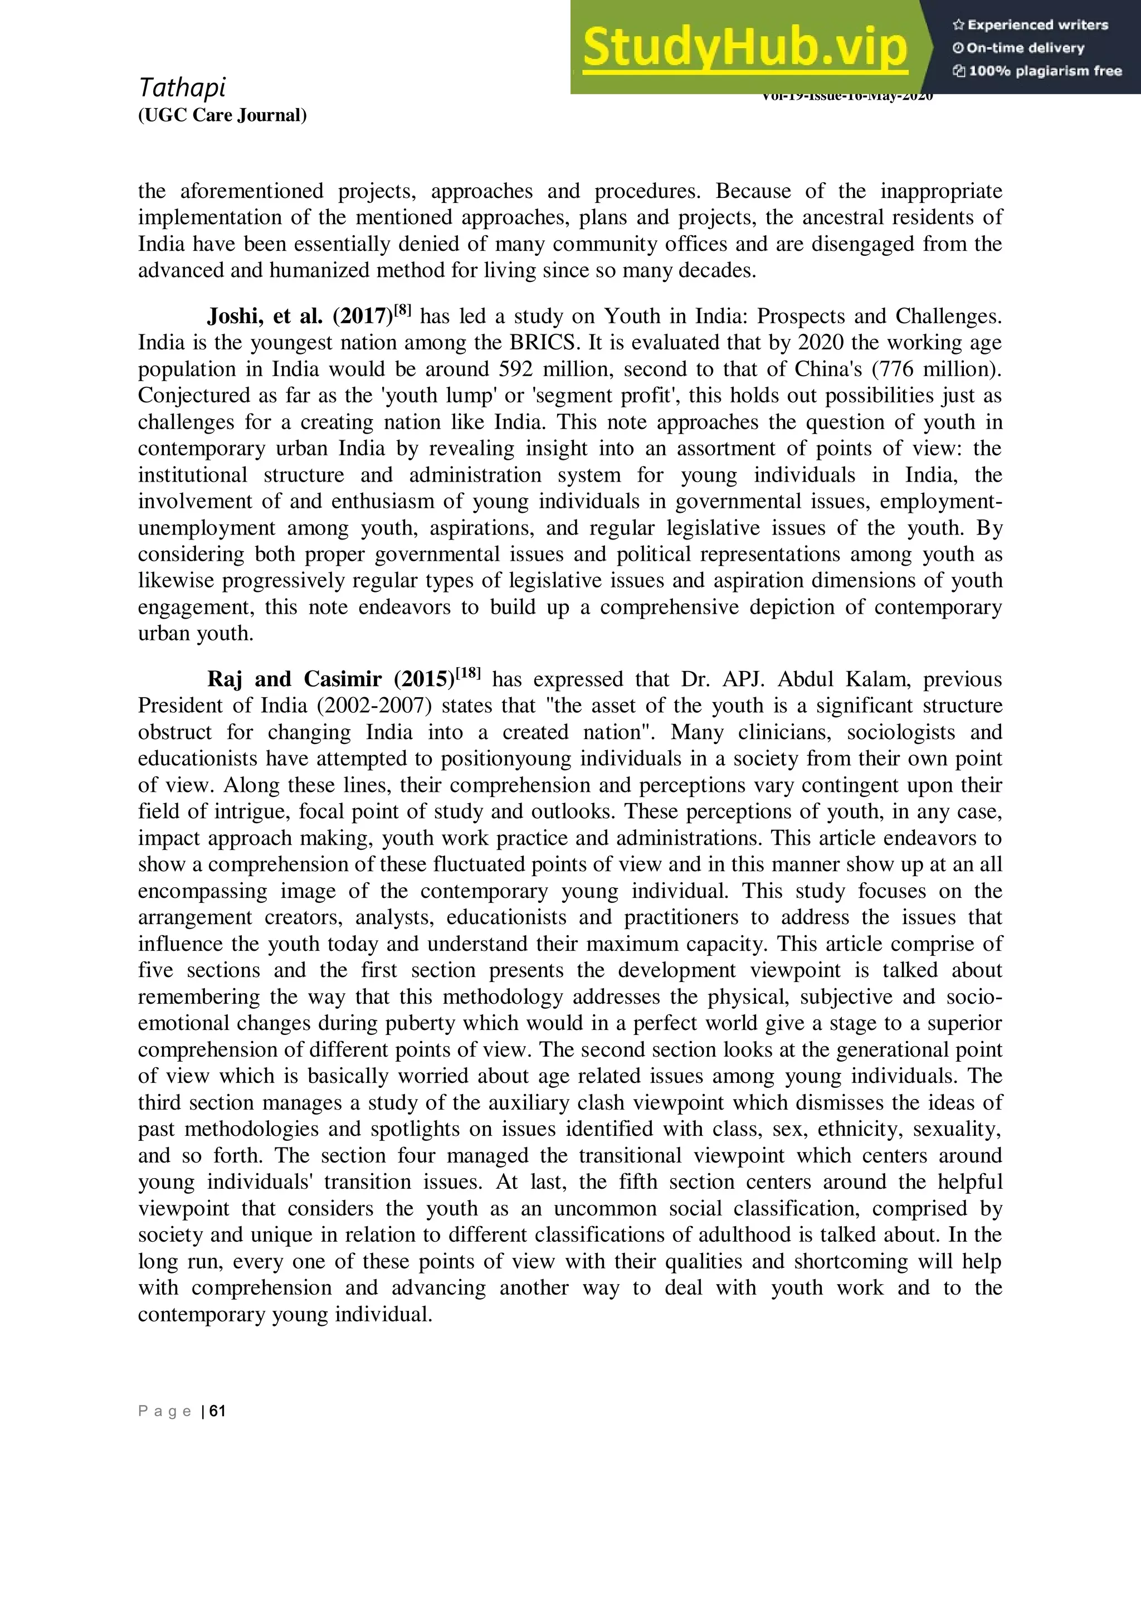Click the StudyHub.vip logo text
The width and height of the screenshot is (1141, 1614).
pos(745,48)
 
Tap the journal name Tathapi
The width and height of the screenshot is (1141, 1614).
pos(182,88)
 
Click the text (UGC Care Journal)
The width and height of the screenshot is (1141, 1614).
pos(222,115)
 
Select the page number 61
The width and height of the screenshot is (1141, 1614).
pos(218,1411)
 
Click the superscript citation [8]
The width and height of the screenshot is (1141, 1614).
pos(403,310)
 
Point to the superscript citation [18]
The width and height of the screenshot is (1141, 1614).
pos(468,673)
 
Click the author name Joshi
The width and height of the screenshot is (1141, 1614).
pos(235,317)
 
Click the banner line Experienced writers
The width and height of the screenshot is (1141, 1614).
pos(1031,25)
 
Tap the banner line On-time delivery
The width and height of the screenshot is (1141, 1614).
pos(1019,48)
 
